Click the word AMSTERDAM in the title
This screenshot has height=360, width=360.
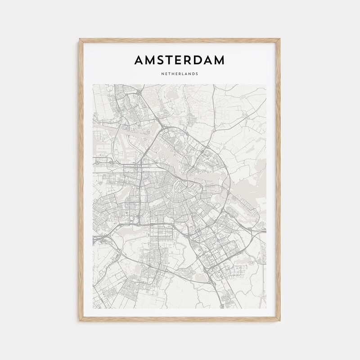pos(180,60)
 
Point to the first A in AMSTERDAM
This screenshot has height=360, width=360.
pos(140,60)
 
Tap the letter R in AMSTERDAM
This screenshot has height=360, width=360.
pos(189,60)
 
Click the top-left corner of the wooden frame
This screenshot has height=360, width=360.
pos(80,39)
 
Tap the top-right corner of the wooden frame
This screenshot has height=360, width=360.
pos(280,39)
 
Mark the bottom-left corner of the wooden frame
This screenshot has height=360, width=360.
pos(80,320)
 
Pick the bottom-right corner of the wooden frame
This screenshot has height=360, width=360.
pos(280,320)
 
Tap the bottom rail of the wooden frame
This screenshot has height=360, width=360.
pos(180,319)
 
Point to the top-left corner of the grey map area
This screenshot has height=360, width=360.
pos(93,84)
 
